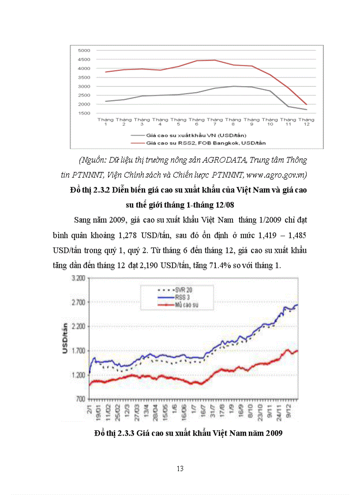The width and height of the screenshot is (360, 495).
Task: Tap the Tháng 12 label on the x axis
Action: click(306, 122)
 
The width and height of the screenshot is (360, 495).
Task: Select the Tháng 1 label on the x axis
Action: click(105, 122)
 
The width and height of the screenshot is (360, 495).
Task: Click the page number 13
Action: click(180, 469)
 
